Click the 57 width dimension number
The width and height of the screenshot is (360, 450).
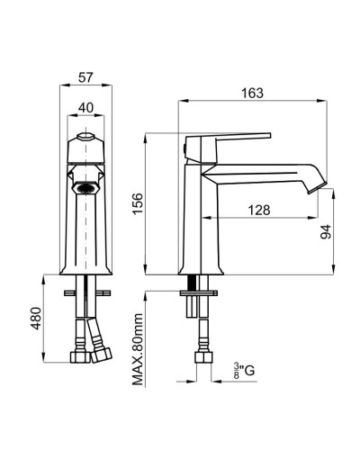pyautogui.click(x=85, y=77)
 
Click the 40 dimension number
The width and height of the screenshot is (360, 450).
pyautogui.click(x=85, y=108)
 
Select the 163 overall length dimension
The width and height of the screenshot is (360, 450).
pyautogui.click(x=253, y=94)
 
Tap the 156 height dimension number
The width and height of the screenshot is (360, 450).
pyautogui.click(x=139, y=203)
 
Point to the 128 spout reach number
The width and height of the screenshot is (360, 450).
pyautogui.click(x=259, y=210)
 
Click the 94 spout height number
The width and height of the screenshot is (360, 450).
pyautogui.click(x=326, y=231)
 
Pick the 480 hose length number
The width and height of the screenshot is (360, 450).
pyautogui.click(x=36, y=319)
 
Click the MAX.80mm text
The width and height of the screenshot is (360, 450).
pyautogui.click(x=138, y=349)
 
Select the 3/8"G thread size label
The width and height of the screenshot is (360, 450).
pyautogui.click(x=244, y=371)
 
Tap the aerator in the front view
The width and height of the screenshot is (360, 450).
pyautogui.click(x=85, y=189)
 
